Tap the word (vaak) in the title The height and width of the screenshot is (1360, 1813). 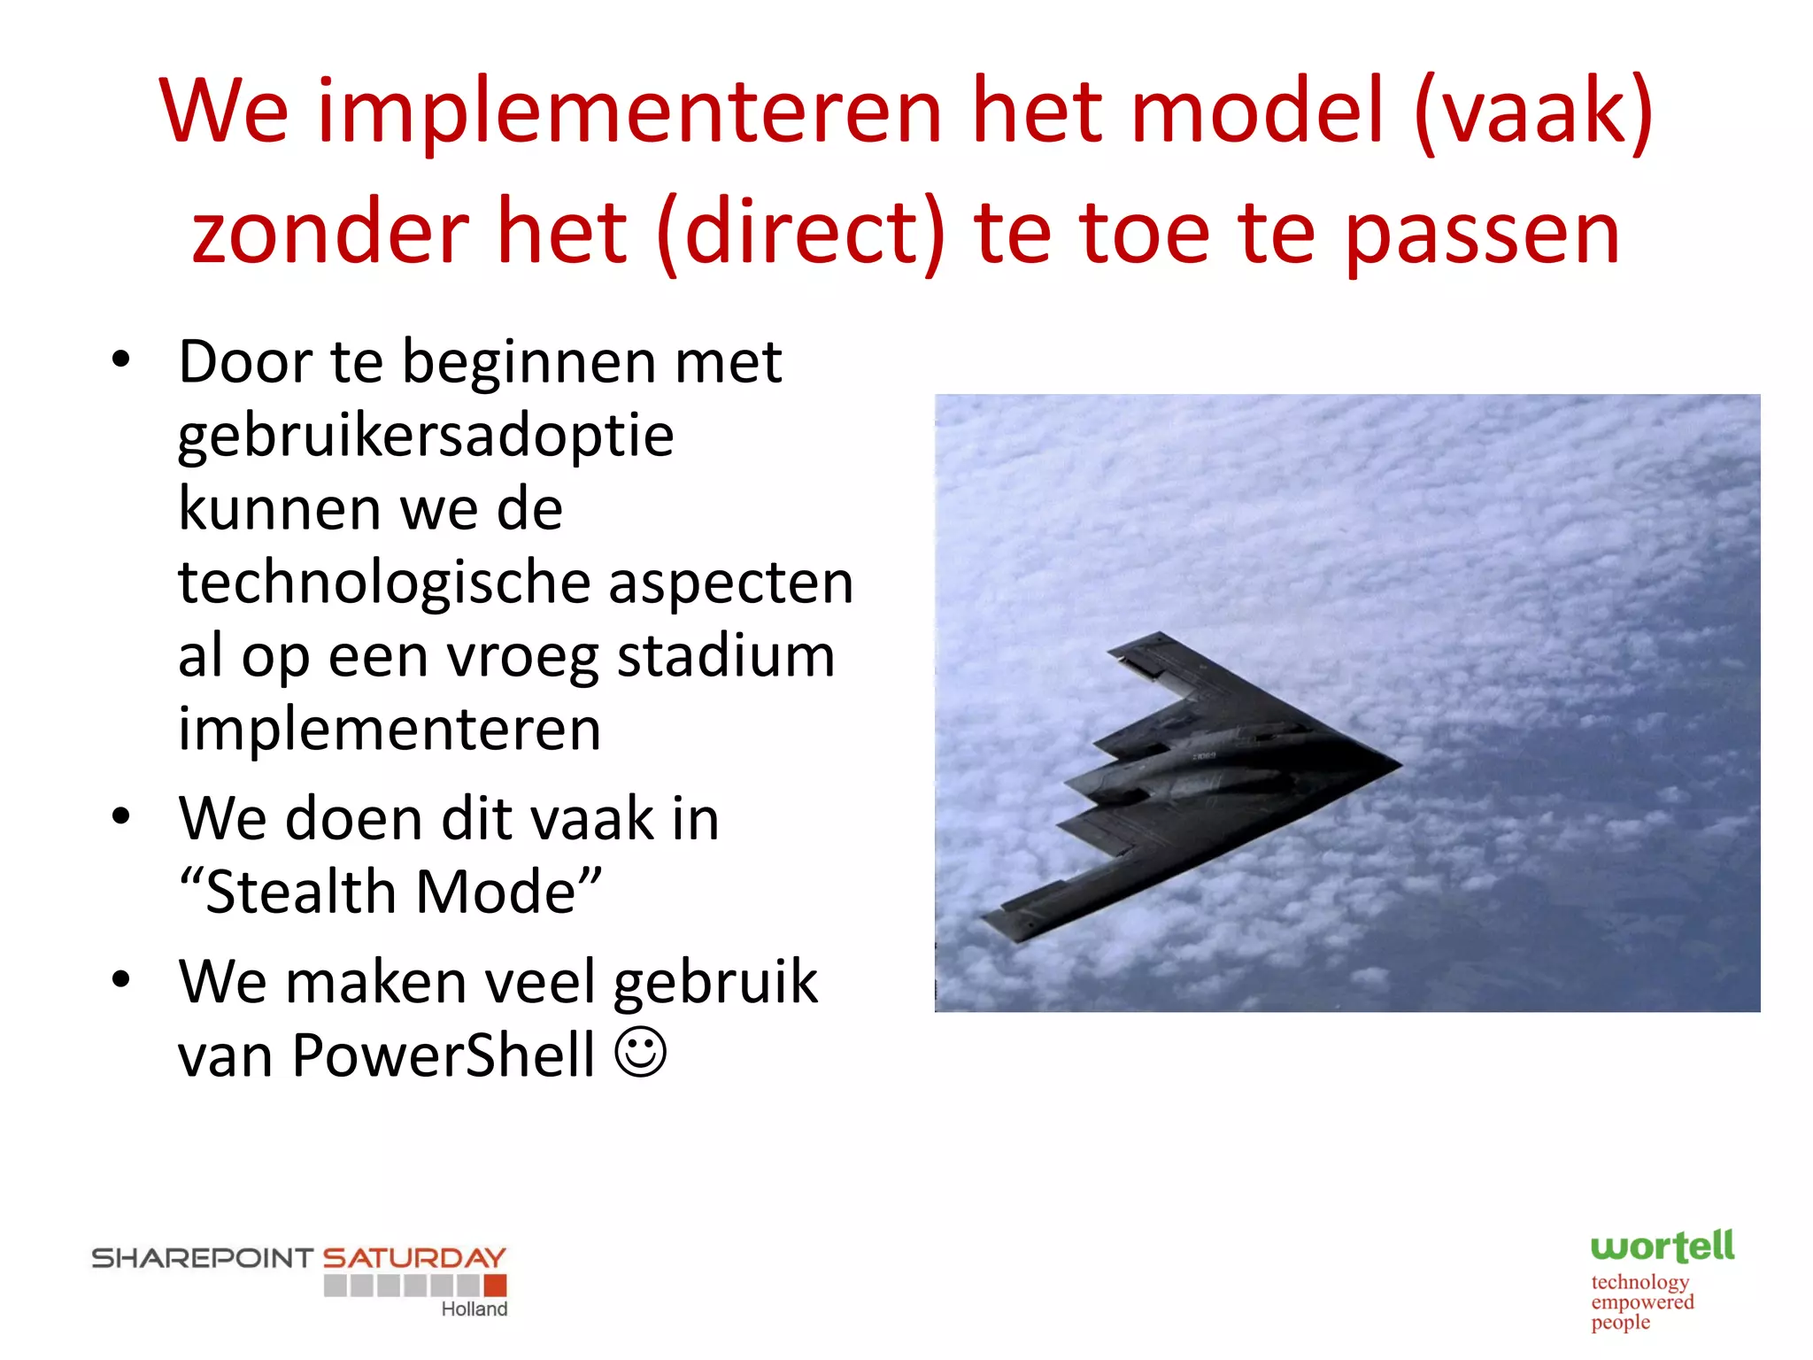pyautogui.click(x=1533, y=112)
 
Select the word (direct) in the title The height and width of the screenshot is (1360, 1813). pyautogui.click(x=801, y=233)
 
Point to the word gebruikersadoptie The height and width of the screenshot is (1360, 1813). pyautogui.click(x=426, y=437)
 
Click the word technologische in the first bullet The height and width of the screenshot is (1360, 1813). pyautogui.click(x=384, y=583)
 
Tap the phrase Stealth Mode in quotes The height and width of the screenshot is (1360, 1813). pyautogui.click(x=390, y=892)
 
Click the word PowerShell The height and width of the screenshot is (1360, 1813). pyautogui.click(x=444, y=1055)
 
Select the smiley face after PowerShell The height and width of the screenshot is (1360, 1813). pyautogui.click(x=640, y=1052)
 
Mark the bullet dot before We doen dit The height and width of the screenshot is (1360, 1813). pyautogui.click(x=121, y=816)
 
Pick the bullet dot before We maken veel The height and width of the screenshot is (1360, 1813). pyautogui.click(x=121, y=979)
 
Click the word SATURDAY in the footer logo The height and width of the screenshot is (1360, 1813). pyautogui.click(x=413, y=1257)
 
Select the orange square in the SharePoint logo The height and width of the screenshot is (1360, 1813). pyautogui.click(x=495, y=1285)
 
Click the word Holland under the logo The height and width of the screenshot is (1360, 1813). pyautogui.click(x=474, y=1310)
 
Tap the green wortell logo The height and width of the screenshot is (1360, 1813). pyautogui.click(x=1662, y=1247)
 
